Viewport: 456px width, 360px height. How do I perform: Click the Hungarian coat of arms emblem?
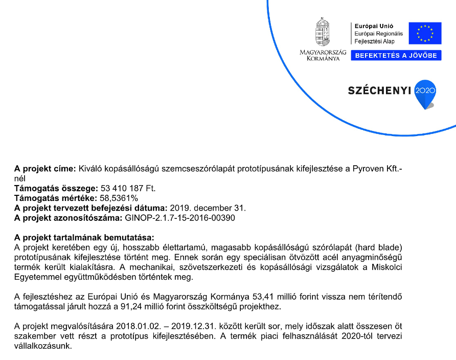click(323, 33)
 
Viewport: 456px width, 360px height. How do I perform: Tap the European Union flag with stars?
click(424, 33)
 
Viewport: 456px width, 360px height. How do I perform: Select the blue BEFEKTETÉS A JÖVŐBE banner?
click(396, 55)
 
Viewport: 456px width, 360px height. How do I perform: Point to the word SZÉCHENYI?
click(379, 91)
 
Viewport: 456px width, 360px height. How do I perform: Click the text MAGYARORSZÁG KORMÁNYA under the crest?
click(323, 55)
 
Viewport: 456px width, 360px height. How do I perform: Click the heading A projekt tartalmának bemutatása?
click(84, 238)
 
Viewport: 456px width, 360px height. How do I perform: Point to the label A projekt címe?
click(45, 168)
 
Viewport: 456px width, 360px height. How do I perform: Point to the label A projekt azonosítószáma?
click(68, 218)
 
